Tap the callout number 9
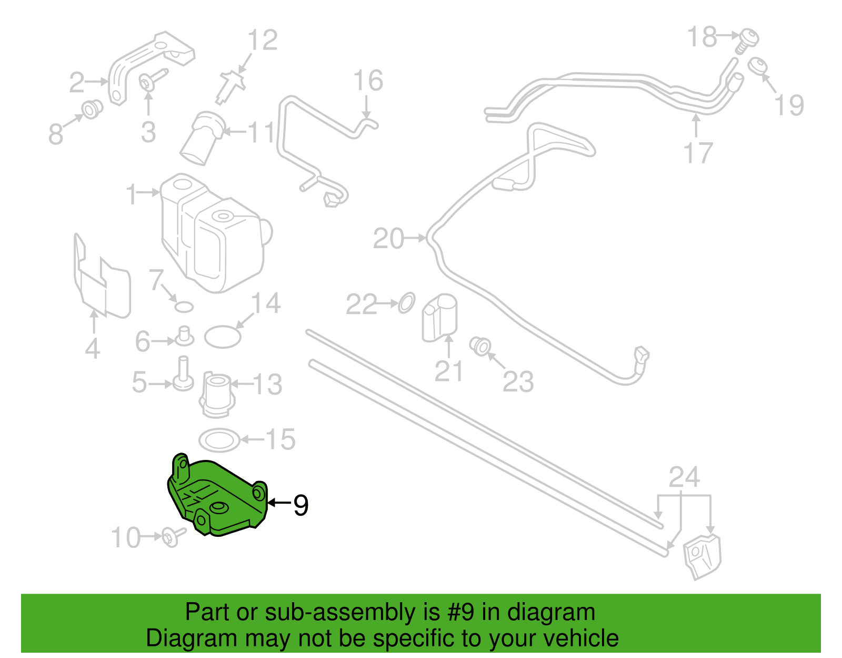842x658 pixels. tap(300, 506)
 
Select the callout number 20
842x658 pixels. tap(388, 239)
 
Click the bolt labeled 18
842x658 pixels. tap(747, 41)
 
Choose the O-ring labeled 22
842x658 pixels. tap(406, 302)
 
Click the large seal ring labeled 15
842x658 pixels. tap(219, 440)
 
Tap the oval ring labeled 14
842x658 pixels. tap(223, 337)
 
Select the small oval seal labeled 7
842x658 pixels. tap(184, 307)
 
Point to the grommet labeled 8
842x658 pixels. tap(92, 110)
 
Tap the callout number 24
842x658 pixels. tap(684, 477)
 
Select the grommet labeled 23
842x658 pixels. tap(480, 346)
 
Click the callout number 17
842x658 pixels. tap(698, 153)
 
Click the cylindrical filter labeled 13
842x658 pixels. tap(217, 394)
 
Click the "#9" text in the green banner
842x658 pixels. tap(460, 612)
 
